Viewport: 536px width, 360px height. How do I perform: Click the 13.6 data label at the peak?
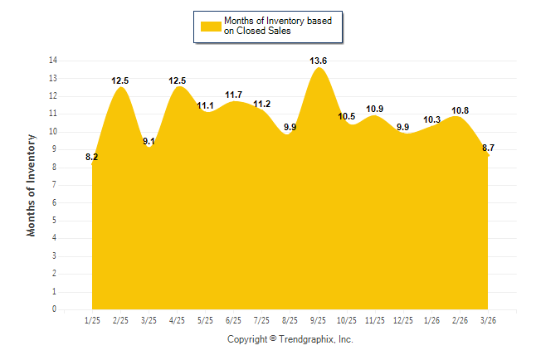pos(318,61)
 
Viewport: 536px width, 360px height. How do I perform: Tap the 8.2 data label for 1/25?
pos(91,157)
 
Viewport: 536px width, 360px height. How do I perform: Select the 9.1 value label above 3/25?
pos(149,141)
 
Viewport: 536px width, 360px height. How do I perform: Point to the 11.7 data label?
pos(233,95)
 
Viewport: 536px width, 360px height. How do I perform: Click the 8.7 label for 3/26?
pos(488,148)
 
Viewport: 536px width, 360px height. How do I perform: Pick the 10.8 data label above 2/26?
pos(460,111)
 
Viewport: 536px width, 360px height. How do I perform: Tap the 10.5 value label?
pos(346,117)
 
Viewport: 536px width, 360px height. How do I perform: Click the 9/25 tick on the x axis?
pos(318,320)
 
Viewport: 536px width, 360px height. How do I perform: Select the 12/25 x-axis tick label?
pos(403,320)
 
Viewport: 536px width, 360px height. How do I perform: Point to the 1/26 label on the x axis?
pos(431,320)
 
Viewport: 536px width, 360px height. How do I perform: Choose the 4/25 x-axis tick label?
pos(177,320)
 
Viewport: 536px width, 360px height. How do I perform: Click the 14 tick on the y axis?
pos(53,61)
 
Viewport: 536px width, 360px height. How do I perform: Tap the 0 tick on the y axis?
pos(55,309)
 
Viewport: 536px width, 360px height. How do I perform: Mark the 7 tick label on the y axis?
pos(55,185)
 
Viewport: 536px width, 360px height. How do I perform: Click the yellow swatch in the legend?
pos(211,27)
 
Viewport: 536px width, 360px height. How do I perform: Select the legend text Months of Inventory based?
pos(278,21)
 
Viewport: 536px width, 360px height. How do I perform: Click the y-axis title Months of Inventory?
pos(31,185)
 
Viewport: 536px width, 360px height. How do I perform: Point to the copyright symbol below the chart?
pos(273,338)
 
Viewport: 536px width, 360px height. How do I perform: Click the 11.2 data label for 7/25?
pos(262,104)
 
